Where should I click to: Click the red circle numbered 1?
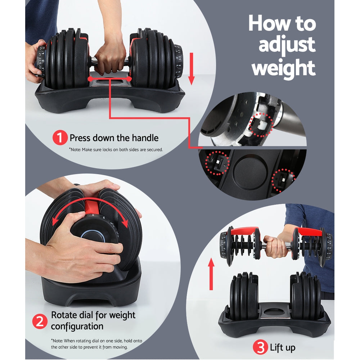click(x=60, y=138)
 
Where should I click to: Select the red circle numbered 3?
click(x=260, y=348)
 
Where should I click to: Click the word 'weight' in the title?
click(x=283, y=67)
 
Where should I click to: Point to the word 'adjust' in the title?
click(x=287, y=45)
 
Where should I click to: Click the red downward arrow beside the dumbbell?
click(x=191, y=68)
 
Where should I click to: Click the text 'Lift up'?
click(x=283, y=348)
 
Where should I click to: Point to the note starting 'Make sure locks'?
click(x=116, y=149)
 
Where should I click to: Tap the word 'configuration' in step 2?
click(x=77, y=326)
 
